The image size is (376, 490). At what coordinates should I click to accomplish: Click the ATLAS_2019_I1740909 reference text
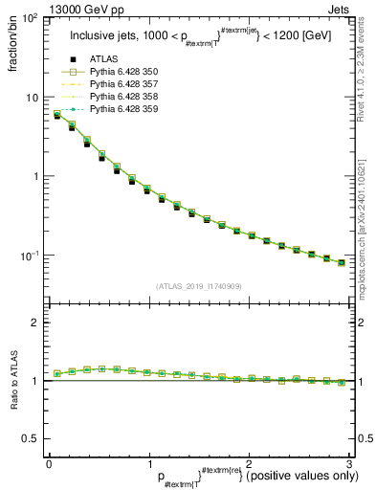coord(198,286)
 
